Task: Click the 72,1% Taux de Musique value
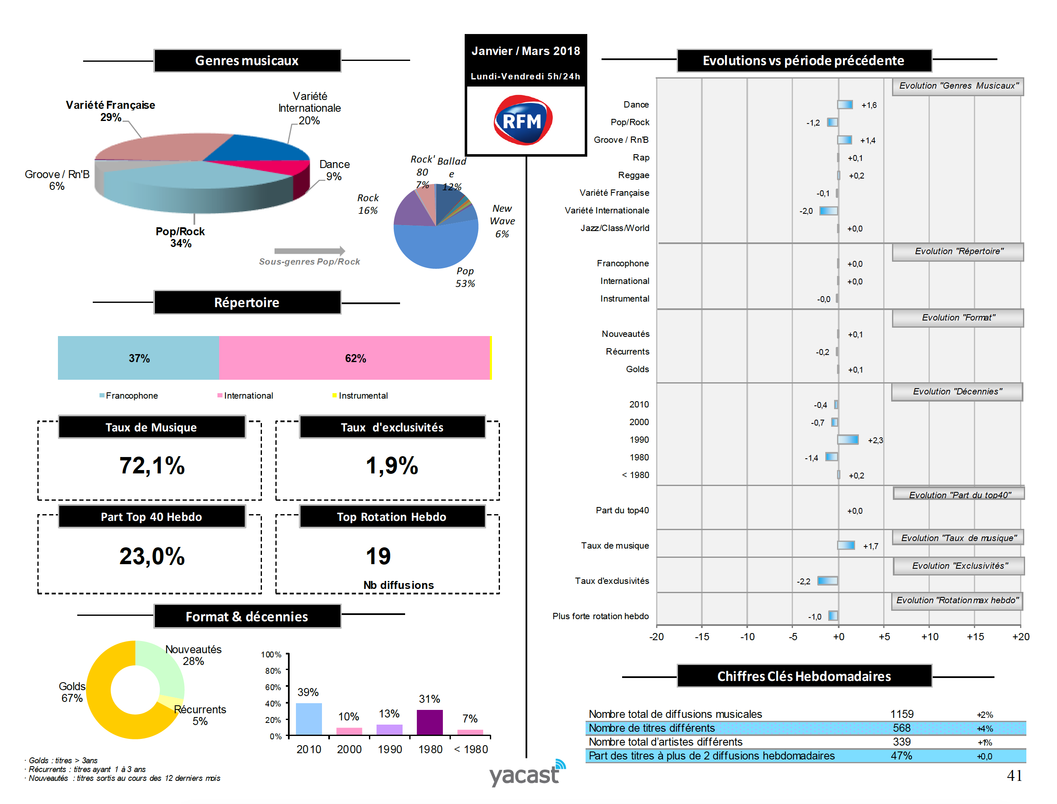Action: (x=152, y=466)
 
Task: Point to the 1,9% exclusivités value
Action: (x=392, y=466)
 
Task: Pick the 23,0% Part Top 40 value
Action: (x=152, y=556)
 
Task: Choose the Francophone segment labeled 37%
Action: (x=138, y=358)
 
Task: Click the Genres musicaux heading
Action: (x=247, y=61)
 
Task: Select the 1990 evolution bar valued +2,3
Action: (x=848, y=440)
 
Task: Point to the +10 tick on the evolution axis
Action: (x=929, y=637)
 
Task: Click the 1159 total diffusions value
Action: (x=902, y=714)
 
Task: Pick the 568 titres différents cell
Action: (x=902, y=728)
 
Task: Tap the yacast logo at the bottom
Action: (x=526, y=774)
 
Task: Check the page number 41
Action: (x=1014, y=775)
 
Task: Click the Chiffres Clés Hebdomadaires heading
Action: (x=804, y=676)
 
